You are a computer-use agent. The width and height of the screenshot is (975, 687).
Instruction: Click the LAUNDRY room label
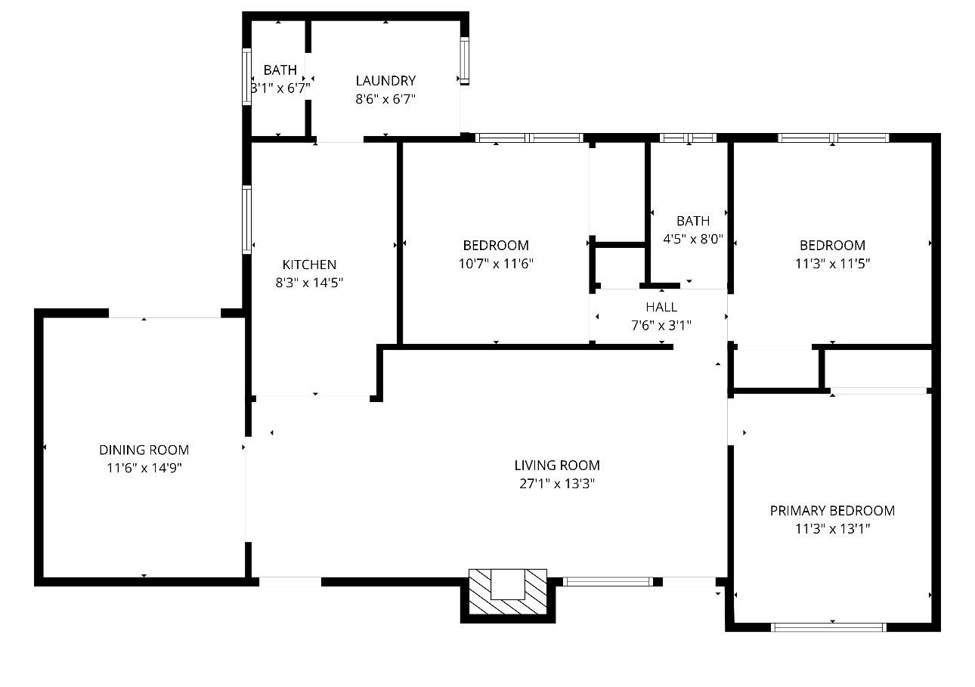[385, 81]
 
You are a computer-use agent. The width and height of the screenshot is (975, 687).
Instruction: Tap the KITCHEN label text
[309, 265]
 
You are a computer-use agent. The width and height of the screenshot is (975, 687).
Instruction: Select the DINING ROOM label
[144, 450]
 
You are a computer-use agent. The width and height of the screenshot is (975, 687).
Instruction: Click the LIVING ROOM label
[557, 466]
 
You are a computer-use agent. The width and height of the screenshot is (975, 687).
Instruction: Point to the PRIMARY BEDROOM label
[832, 511]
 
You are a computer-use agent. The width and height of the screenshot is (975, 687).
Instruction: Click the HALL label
[661, 307]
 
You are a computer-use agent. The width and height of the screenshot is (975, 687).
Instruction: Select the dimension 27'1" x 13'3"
[557, 484]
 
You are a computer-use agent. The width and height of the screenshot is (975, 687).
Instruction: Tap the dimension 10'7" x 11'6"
[496, 264]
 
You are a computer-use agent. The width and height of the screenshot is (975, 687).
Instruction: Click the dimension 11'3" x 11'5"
[832, 264]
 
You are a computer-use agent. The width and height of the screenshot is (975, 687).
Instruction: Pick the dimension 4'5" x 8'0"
[693, 240]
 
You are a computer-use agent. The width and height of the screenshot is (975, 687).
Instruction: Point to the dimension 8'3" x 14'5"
[309, 283]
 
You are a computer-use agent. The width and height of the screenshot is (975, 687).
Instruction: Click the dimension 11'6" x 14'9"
[144, 468]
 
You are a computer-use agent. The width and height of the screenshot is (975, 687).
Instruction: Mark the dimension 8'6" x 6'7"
[385, 99]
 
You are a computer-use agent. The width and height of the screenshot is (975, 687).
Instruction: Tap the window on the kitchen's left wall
[246, 219]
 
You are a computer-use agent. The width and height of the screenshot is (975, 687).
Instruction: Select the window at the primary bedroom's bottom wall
[828, 627]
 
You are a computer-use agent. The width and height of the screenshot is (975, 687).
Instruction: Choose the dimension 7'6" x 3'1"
[661, 326]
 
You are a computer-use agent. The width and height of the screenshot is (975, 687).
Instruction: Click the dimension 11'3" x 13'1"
[832, 529]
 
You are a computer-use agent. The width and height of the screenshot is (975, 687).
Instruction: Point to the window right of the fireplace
[608, 581]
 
